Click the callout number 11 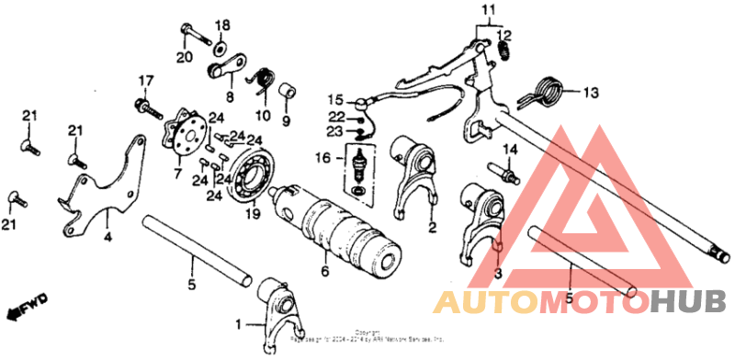pyautogui.click(x=487, y=11)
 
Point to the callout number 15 pyautogui.click(x=334, y=99)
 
